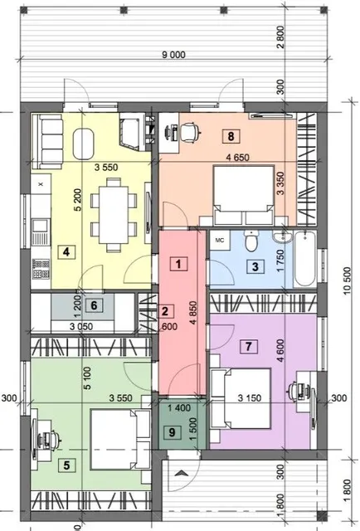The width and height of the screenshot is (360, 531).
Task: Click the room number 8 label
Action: (x=231, y=136)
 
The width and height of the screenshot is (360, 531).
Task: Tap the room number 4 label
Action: (x=66, y=252)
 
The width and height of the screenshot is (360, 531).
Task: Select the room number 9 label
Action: (x=172, y=432)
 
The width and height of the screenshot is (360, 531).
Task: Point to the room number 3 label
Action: (x=255, y=266)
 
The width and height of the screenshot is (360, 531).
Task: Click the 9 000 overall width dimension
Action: (x=173, y=55)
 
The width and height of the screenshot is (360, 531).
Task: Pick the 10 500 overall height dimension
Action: (x=347, y=280)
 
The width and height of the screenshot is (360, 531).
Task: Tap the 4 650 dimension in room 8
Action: (x=238, y=157)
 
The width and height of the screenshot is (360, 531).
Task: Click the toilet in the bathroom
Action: (x=251, y=241)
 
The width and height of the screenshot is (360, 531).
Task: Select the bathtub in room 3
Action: (x=305, y=259)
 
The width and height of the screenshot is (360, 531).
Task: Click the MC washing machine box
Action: (x=220, y=241)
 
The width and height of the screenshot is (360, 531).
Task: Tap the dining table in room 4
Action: (x=114, y=215)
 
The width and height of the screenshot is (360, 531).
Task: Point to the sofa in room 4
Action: (x=47, y=141)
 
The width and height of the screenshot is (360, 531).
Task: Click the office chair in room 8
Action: (x=190, y=132)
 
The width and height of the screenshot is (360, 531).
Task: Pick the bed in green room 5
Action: (x=120, y=439)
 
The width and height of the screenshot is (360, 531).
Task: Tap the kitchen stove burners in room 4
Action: (x=41, y=269)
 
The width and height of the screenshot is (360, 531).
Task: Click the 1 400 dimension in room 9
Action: (x=179, y=408)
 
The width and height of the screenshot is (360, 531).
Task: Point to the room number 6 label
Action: (x=94, y=305)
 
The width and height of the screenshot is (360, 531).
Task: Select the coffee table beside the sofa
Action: (x=83, y=144)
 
